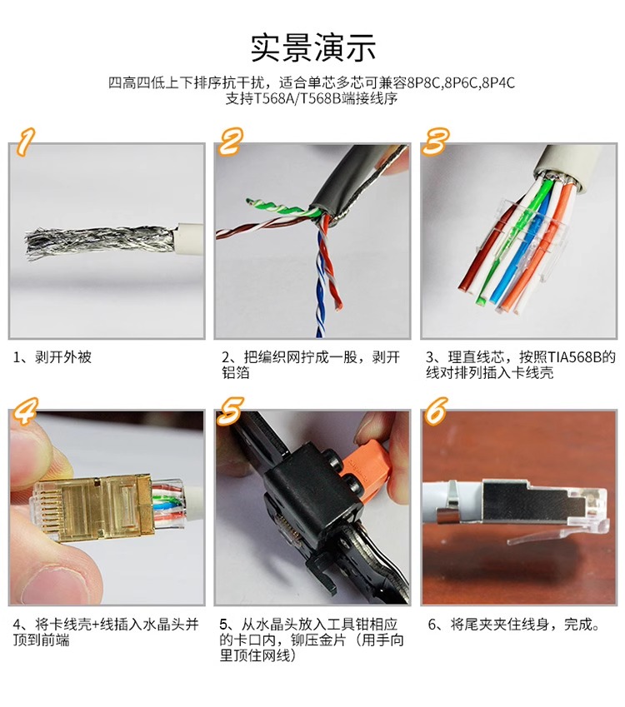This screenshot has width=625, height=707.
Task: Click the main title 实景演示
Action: [x=313, y=47]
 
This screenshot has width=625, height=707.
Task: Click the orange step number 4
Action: [x=25, y=411]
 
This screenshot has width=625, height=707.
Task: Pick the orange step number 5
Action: [x=230, y=411]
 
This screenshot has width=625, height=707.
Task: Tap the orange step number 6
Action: [x=436, y=411]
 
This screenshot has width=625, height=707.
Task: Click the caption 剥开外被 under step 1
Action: [x=63, y=357]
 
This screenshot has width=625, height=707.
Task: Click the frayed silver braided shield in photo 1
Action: [x=100, y=243]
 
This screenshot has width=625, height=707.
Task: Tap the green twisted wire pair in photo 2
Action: [x=281, y=207]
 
